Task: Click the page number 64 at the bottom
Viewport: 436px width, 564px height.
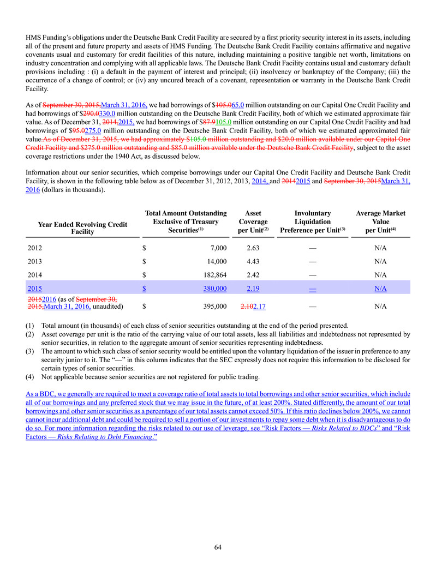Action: [218, 547]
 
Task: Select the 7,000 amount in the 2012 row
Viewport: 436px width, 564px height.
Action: [217, 248]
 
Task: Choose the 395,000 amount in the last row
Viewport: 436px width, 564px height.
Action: [213, 307]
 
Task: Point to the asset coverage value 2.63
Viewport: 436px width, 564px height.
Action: [253, 248]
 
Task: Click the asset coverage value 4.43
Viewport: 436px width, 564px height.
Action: [253, 261]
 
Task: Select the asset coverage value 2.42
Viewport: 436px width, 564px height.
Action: [253, 274]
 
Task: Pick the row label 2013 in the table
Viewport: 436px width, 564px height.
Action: [34, 261]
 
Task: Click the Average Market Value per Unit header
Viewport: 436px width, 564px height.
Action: [380, 221]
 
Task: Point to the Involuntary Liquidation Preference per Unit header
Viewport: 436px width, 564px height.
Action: [312, 221]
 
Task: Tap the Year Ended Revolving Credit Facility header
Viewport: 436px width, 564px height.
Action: [83, 228]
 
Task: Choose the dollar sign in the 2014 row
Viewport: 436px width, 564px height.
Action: [144, 274]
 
